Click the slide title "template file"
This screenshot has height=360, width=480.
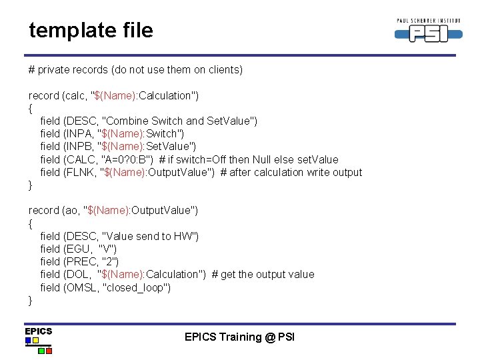pos(91,30)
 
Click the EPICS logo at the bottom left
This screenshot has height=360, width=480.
pos(38,340)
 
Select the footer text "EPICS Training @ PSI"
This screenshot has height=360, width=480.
pos(239,337)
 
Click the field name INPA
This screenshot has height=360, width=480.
pos(79,134)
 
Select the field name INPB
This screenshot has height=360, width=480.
pos(79,147)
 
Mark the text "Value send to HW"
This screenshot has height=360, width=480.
pos(149,236)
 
